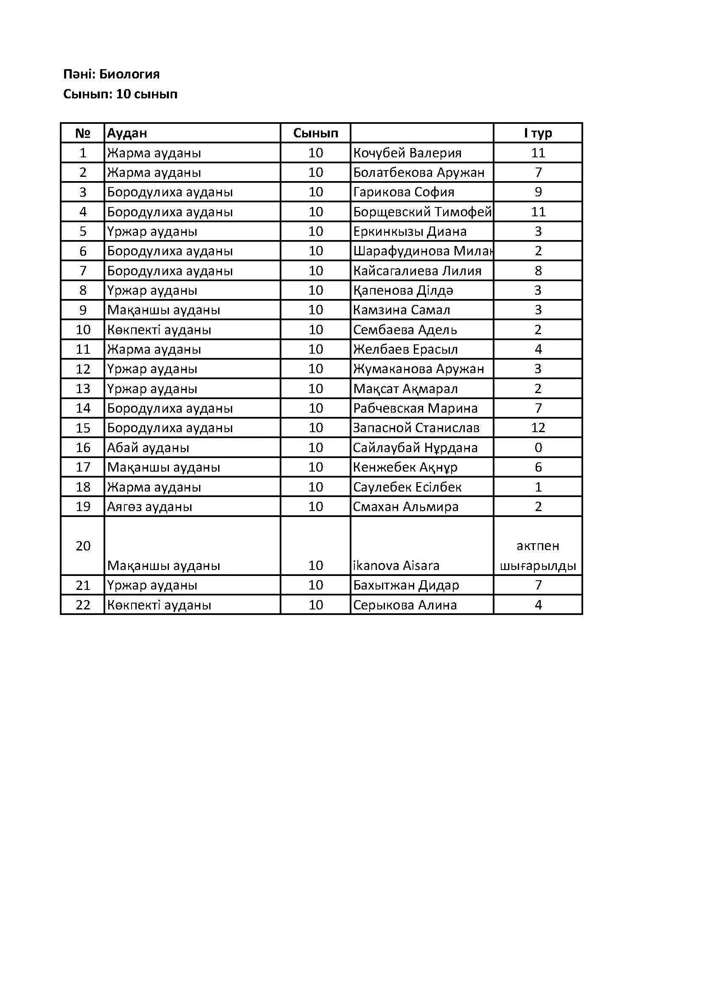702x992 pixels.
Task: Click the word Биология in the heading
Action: tap(129, 74)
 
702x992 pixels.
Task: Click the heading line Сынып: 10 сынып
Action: tap(120, 94)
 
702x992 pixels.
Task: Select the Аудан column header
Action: tap(127, 133)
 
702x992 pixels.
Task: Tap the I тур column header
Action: tap(538, 133)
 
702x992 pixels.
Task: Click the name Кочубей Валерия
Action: tap(407, 153)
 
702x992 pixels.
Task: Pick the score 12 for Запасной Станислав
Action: tap(538, 428)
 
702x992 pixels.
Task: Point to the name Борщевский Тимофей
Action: tap(422, 212)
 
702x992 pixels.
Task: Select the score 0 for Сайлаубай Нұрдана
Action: tap(538, 447)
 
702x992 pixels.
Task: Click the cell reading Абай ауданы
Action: tap(148, 447)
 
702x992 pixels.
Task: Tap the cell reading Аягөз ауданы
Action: tap(149, 506)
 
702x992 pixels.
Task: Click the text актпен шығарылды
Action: tap(538, 556)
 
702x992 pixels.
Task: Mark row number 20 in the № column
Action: tap(83, 546)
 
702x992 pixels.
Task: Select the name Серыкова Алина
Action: tap(404, 605)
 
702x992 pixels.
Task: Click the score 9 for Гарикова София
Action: tap(538, 192)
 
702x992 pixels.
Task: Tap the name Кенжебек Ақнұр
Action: tap(405, 467)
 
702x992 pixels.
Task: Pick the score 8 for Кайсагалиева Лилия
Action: tap(538, 271)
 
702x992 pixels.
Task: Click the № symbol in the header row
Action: tap(83, 133)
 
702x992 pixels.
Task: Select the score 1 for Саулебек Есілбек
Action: tap(538, 487)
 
